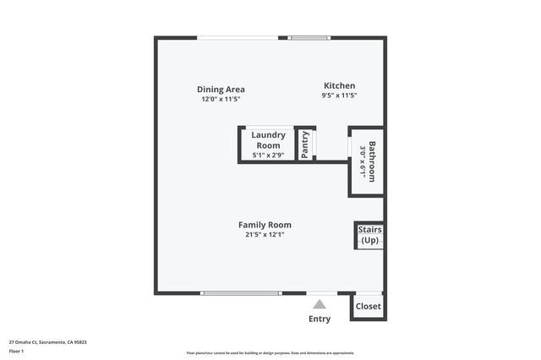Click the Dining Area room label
coord(221,90)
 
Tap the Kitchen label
coord(340,85)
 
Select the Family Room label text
coord(265,225)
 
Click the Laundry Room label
coord(268,139)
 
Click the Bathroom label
coord(371,161)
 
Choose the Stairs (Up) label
coord(369,235)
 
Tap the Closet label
coord(368,306)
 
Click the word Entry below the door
coord(320,319)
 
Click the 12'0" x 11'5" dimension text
coord(221,100)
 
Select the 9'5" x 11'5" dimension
coord(340,95)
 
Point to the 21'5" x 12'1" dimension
coord(265,235)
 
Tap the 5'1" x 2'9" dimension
coord(268,155)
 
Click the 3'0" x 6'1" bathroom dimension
coord(362,161)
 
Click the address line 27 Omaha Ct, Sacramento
coord(47,342)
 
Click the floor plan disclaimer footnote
coord(270,353)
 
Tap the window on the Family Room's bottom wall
coord(241,293)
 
